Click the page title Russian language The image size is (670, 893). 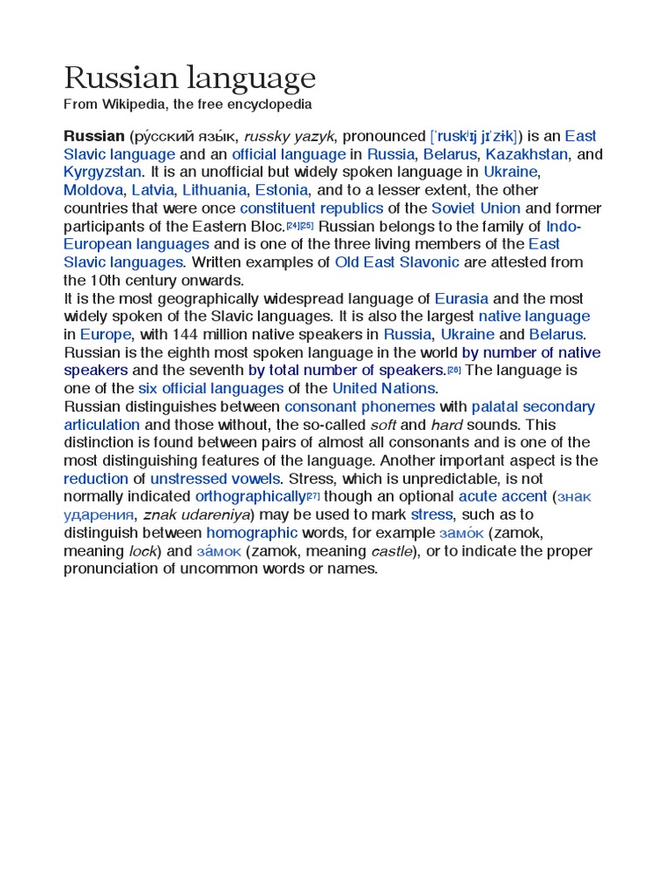[x=189, y=79]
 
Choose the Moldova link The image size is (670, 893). [x=93, y=190]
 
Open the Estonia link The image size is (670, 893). [x=281, y=190]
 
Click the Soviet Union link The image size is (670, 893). [x=475, y=208]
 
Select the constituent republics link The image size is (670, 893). [x=311, y=208]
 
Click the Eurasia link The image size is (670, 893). [x=461, y=298]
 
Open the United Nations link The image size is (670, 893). [x=383, y=389]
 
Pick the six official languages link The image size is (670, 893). [x=211, y=389]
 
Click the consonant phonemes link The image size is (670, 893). [x=359, y=407]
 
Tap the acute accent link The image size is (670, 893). [x=502, y=497]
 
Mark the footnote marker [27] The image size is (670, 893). [x=313, y=495]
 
